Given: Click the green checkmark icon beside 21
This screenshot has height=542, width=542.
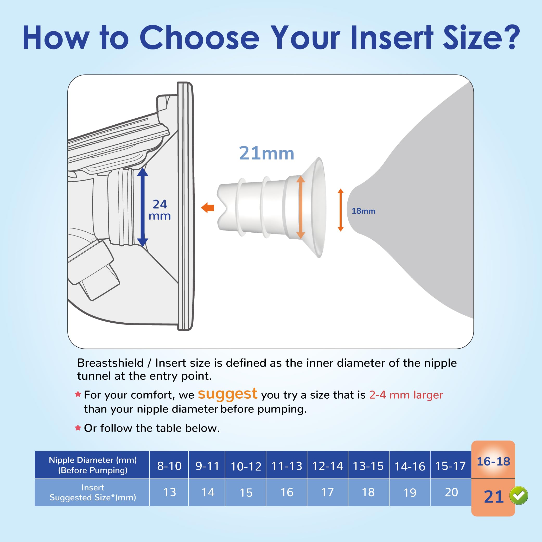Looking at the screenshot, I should [519, 496].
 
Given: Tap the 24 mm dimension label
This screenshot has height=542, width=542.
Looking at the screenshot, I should [160, 210].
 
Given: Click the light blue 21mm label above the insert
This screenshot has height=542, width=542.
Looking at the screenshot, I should [266, 154].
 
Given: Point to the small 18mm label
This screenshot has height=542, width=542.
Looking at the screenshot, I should [363, 211].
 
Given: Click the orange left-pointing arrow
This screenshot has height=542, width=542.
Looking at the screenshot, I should [208, 208].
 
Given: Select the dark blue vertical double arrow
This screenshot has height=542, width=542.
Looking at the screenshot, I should [143, 207].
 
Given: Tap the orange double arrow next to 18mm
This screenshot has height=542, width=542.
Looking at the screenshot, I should [341, 210].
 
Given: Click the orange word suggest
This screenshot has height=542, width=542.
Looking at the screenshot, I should [227, 394].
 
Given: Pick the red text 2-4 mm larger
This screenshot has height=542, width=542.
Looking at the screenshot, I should [406, 395].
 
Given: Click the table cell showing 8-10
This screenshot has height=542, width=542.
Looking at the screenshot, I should [169, 466].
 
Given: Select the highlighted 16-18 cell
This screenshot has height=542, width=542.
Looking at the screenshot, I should [493, 462].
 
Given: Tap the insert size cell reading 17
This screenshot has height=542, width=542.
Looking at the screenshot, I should [327, 492].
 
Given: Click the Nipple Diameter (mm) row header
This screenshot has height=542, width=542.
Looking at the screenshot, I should [93, 465].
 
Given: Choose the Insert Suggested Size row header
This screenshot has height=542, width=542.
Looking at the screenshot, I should [93, 493].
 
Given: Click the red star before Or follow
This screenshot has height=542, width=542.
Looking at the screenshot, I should [78, 428].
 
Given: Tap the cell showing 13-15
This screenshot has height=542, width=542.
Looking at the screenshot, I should [368, 466].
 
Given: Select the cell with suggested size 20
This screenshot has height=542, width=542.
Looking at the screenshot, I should [451, 492].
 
